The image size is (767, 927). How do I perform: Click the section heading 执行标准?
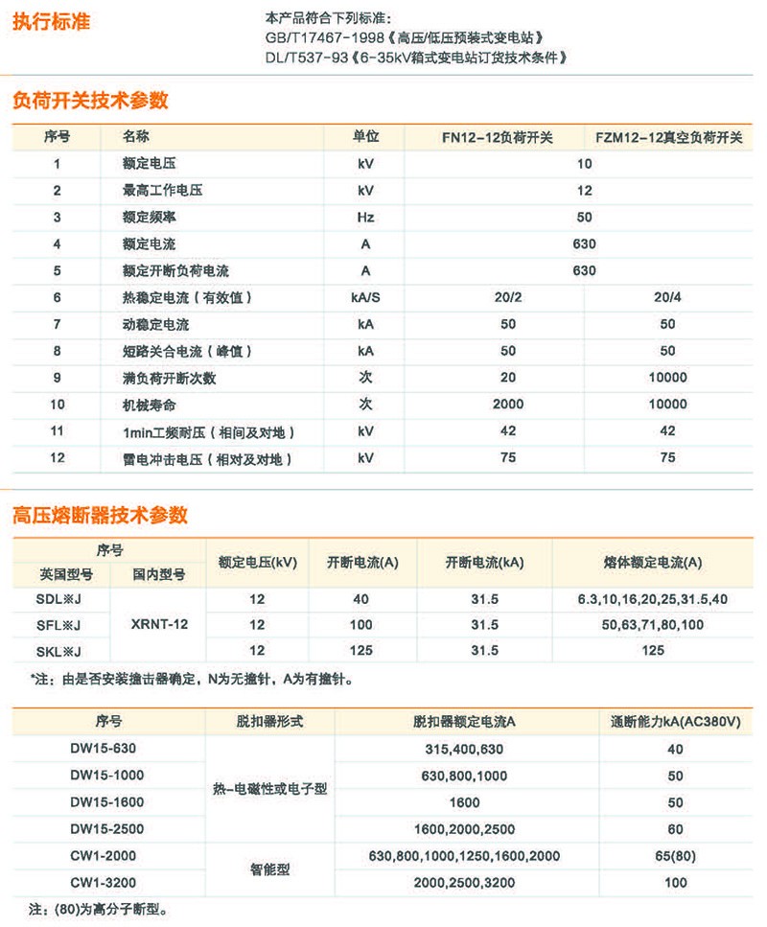coord(51,21)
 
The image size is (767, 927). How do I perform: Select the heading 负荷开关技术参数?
coord(90,100)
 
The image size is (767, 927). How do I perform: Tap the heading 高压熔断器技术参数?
coord(100,516)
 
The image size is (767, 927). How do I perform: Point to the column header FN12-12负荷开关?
coord(498,137)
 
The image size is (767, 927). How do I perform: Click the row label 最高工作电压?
coord(162,191)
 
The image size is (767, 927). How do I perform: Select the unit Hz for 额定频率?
coord(365,218)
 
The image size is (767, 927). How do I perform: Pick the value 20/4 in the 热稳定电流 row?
coord(667,298)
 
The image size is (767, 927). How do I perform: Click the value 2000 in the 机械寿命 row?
coord(508,405)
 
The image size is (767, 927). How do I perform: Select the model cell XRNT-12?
coord(159,624)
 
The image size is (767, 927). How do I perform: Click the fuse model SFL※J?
coord(58,625)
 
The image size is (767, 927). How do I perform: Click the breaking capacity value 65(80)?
coord(675,855)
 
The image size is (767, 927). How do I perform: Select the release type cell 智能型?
coord(269,869)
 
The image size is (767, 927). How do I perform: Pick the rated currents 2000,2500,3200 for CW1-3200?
coord(464,882)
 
